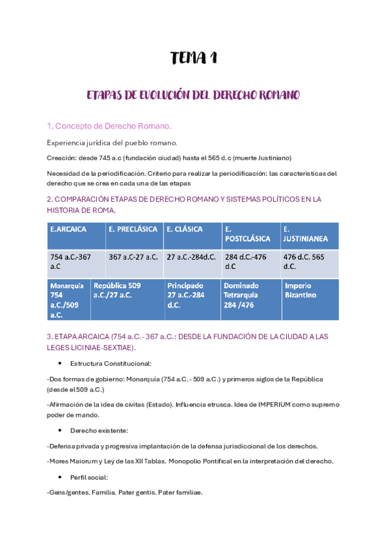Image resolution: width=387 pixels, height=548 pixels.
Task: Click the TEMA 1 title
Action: click(x=193, y=59)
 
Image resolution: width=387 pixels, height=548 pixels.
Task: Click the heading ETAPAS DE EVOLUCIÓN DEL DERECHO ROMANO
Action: click(x=193, y=96)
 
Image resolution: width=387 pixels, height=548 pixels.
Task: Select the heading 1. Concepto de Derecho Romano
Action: click(x=109, y=125)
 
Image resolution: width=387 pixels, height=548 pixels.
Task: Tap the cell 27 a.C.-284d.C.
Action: click(x=191, y=257)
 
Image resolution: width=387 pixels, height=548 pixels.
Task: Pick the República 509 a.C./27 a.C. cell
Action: click(x=125, y=290)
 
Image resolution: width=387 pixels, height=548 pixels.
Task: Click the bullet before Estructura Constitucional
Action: click(x=59, y=363)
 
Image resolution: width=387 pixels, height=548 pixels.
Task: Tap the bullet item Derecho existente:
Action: click(x=99, y=430)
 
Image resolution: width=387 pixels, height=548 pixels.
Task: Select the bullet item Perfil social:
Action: click(x=90, y=477)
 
